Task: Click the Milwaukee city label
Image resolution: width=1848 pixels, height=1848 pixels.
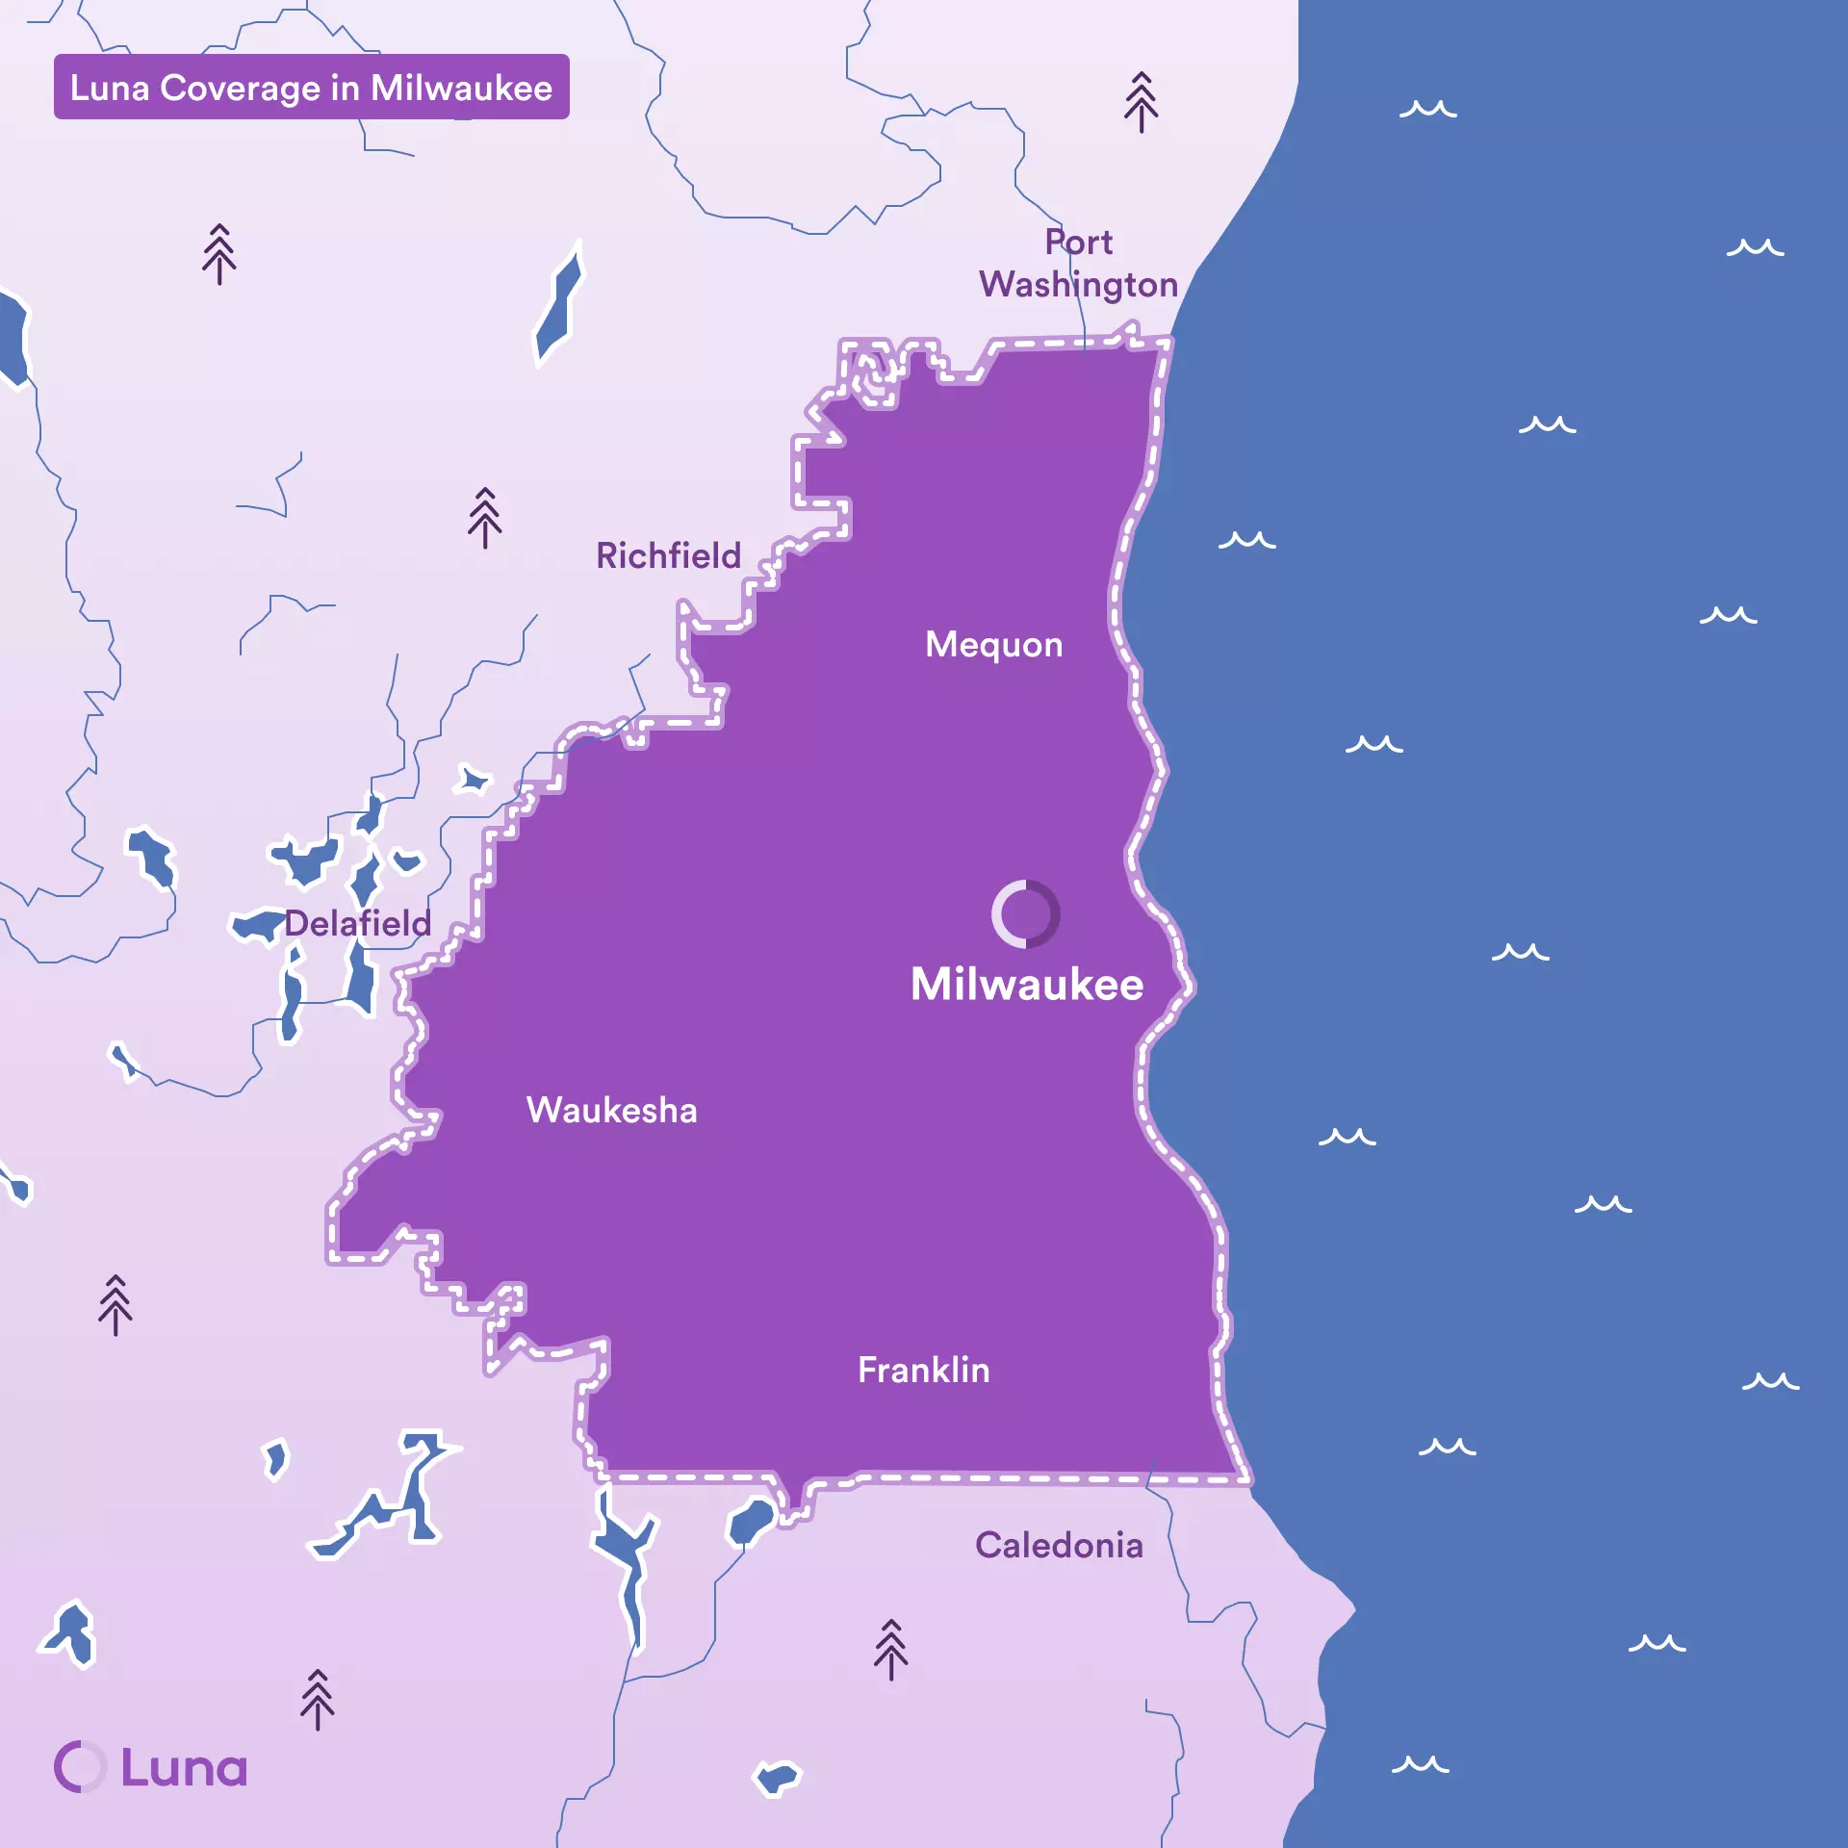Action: [x=1027, y=985]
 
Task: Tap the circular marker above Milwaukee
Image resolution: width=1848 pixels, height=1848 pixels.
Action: [x=1026, y=913]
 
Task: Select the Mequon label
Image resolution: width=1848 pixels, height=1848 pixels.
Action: [x=993, y=645]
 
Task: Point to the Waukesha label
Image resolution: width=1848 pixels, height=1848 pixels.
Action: [x=611, y=1111]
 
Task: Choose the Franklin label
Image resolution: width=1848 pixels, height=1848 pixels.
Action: [x=923, y=1370]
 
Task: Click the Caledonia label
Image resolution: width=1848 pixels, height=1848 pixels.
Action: [x=1059, y=1546]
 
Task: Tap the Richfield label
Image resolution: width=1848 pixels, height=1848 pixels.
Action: [x=668, y=556]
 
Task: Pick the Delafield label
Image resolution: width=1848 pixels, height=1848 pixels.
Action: [x=357, y=924]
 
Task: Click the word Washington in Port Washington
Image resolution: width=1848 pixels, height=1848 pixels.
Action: [x=1078, y=285]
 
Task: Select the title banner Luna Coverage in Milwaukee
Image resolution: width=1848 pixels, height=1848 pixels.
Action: [x=311, y=88]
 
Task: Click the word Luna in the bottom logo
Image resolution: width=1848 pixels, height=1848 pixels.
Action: [x=184, y=1768]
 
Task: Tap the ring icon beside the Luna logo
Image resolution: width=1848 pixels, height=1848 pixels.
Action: [x=79, y=1767]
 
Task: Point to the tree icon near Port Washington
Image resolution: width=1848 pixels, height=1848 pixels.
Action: [x=1141, y=102]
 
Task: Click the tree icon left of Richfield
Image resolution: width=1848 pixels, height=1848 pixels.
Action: [x=484, y=518]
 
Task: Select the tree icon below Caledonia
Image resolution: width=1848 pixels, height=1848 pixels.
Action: [x=890, y=1650]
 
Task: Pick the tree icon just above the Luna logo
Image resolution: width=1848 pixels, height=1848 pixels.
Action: [x=317, y=1700]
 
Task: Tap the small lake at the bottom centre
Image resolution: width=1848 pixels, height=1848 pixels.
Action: [x=776, y=1777]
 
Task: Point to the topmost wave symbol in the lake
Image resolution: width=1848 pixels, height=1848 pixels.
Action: [x=1427, y=109]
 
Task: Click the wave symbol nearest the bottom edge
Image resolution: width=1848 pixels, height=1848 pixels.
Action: [x=1420, y=1764]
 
